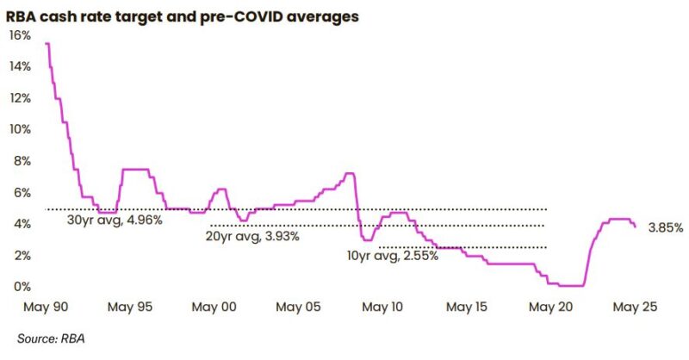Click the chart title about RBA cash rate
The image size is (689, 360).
tap(183, 15)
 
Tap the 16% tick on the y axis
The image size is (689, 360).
tap(20, 35)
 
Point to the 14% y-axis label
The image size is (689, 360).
tap(20, 66)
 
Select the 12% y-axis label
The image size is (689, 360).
tap(20, 98)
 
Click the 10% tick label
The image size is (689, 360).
tap(20, 129)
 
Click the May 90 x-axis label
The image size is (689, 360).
tap(48, 307)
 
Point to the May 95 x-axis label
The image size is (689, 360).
tap(133, 307)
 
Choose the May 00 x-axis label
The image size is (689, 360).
tap(215, 307)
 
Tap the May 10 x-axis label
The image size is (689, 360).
tap(382, 307)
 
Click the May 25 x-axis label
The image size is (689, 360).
tap(634, 307)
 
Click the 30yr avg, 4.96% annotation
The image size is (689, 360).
tap(115, 220)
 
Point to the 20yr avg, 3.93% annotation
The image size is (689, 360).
tap(251, 236)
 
